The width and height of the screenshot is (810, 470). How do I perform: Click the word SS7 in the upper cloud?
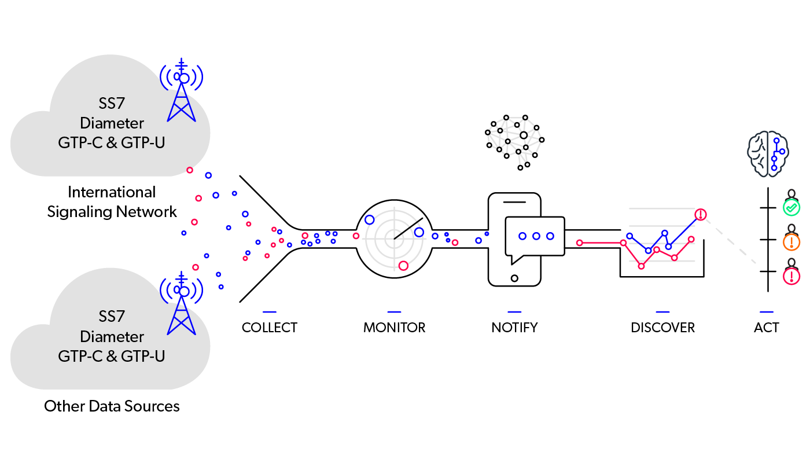[x=112, y=104]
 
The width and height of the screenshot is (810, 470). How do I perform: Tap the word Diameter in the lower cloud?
[x=112, y=337]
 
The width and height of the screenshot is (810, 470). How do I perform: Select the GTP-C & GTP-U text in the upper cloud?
[x=112, y=142]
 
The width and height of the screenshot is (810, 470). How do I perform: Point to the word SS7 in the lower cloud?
[x=112, y=317]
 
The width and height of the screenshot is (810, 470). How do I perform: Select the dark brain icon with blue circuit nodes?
[x=768, y=153]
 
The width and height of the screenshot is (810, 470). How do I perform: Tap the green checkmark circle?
[x=791, y=207]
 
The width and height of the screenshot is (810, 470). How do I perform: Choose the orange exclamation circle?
[x=791, y=242]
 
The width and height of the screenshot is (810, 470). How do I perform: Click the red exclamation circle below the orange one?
[x=791, y=277]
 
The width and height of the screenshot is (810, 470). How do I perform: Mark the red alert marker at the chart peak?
[x=701, y=215]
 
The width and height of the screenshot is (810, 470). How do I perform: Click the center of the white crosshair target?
[x=394, y=237]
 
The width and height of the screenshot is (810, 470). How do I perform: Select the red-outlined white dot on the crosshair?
[x=403, y=266]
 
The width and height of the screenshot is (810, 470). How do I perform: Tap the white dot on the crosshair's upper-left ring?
[x=370, y=220]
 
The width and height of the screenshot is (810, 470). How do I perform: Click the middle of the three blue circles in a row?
[x=536, y=236]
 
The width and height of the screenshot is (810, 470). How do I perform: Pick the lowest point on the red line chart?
[x=641, y=266]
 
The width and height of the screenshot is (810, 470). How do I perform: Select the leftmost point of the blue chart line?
[x=629, y=236]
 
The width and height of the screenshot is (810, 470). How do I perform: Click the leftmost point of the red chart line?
[x=579, y=243]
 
